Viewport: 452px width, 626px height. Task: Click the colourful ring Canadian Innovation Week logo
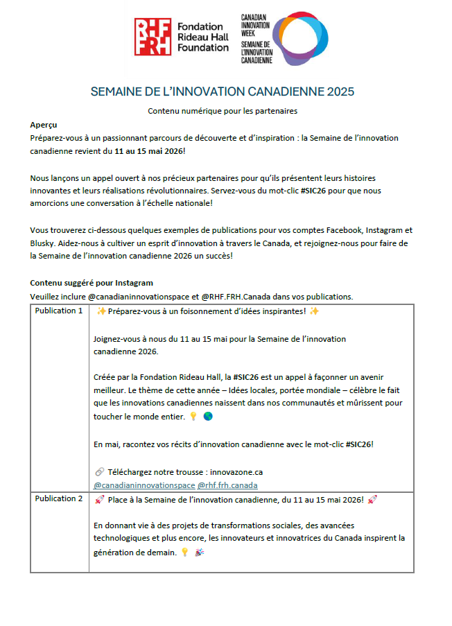pyautogui.click(x=300, y=37)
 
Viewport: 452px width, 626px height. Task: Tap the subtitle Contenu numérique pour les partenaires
pyautogui.click(x=223, y=111)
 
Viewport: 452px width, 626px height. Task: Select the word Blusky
pyautogui.click(x=44, y=243)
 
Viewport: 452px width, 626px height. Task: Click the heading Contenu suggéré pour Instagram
pyautogui.click(x=92, y=283)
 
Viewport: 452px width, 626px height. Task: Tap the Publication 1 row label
pyautogui.click(x=59, y=311)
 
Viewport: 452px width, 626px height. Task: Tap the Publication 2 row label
pyautogui.click(x=59, y=498)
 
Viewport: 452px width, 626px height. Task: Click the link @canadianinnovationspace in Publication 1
pyautogui.click(x=144, y=485)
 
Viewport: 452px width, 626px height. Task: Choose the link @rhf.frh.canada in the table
pyautogui.click(x=227, y=485)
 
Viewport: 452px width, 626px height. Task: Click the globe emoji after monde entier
pyautogui.click(x=209, y=417)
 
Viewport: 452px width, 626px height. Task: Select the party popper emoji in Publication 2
pyautogui.click(x=200, y=553)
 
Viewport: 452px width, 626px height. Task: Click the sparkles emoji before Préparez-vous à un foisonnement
pyautogui.click(x=101, y=311)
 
